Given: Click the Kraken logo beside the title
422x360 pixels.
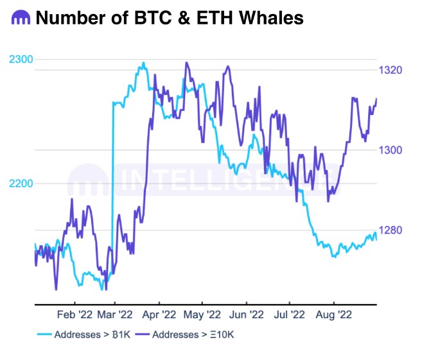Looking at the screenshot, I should coord(20,19).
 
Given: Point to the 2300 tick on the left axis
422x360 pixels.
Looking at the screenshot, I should coord(21,60).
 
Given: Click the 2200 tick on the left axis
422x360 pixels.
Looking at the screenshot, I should coord(21,184).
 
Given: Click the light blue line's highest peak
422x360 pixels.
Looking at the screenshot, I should coord(143,63).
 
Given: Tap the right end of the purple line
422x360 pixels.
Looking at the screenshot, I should coord(376,98).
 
